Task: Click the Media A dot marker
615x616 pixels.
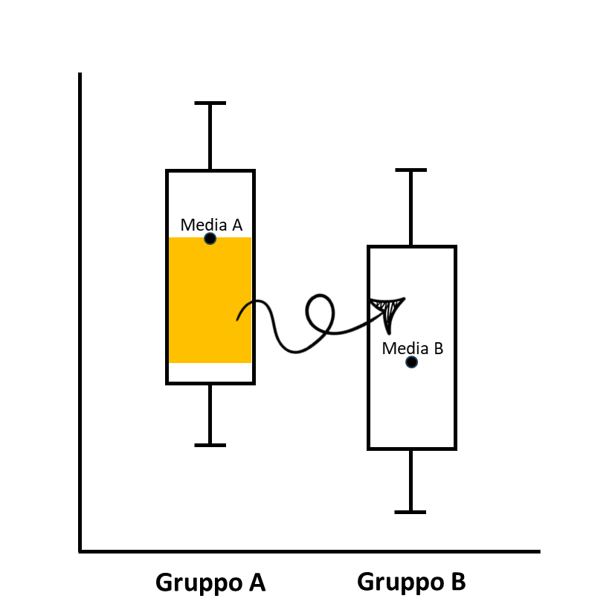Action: tap(210, 239)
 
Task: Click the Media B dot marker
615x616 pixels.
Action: tap(411, 362)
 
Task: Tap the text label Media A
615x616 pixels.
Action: tap(211, 224)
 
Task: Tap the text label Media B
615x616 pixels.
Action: tap(413, 347)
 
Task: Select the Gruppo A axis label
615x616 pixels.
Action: tap(210, 582)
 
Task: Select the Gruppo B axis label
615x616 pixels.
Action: tap(411, 581)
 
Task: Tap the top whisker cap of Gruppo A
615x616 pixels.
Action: tap(210, 103)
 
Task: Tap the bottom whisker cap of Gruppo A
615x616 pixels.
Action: tap(210, 445)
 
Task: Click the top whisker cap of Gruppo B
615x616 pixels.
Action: tap(410, 170)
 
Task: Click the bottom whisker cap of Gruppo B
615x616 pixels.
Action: tap(410, 512)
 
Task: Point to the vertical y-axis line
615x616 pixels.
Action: tap(80, 312)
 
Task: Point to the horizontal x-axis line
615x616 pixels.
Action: tap(309, 552)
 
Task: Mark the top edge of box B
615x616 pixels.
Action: tap(411, 246)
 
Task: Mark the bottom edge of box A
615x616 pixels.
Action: tap(210, 383)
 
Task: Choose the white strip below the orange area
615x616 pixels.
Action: tap(210, 372)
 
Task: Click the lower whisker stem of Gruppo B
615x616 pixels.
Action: tap(410, 481)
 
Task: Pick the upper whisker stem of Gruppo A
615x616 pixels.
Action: tap(210, 137)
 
